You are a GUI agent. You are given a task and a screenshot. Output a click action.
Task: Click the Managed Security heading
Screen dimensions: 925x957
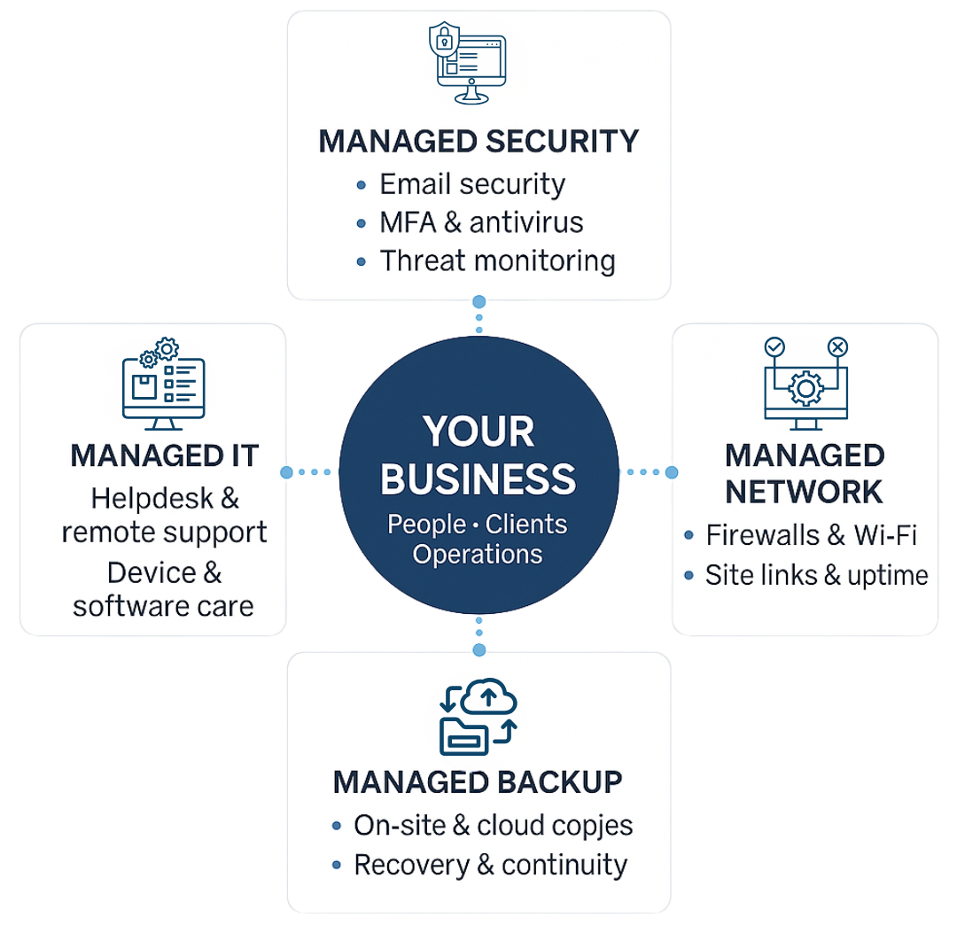478,142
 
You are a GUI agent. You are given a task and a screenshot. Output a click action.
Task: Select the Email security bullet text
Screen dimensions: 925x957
472,184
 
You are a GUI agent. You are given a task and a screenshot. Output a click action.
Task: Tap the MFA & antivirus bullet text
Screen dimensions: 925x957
481,222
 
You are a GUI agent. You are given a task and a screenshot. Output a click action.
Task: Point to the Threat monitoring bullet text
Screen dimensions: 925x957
497,261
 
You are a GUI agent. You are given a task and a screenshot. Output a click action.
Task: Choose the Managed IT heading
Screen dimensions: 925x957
165,456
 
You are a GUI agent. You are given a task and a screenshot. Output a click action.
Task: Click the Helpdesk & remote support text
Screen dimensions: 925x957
165,516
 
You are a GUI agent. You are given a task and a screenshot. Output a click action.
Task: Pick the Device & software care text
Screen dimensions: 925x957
164,590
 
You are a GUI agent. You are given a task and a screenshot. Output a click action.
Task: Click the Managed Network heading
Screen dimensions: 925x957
805,473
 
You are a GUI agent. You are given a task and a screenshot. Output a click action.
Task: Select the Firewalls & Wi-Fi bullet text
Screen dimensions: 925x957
811,535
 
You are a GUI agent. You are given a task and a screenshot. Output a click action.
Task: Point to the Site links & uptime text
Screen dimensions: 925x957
816,576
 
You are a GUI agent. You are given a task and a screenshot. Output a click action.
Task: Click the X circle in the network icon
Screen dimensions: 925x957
837,347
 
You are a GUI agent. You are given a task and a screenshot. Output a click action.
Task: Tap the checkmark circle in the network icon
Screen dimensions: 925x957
774,347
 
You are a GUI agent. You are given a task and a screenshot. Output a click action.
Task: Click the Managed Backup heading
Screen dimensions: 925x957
478,782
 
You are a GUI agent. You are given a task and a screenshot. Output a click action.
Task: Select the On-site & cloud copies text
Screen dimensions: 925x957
494,826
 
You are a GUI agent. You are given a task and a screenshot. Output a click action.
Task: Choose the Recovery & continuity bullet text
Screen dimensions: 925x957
490,865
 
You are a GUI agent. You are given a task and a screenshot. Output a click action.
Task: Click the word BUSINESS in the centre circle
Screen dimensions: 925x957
478,478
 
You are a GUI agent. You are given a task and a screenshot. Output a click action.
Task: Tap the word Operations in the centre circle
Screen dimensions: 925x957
478,555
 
